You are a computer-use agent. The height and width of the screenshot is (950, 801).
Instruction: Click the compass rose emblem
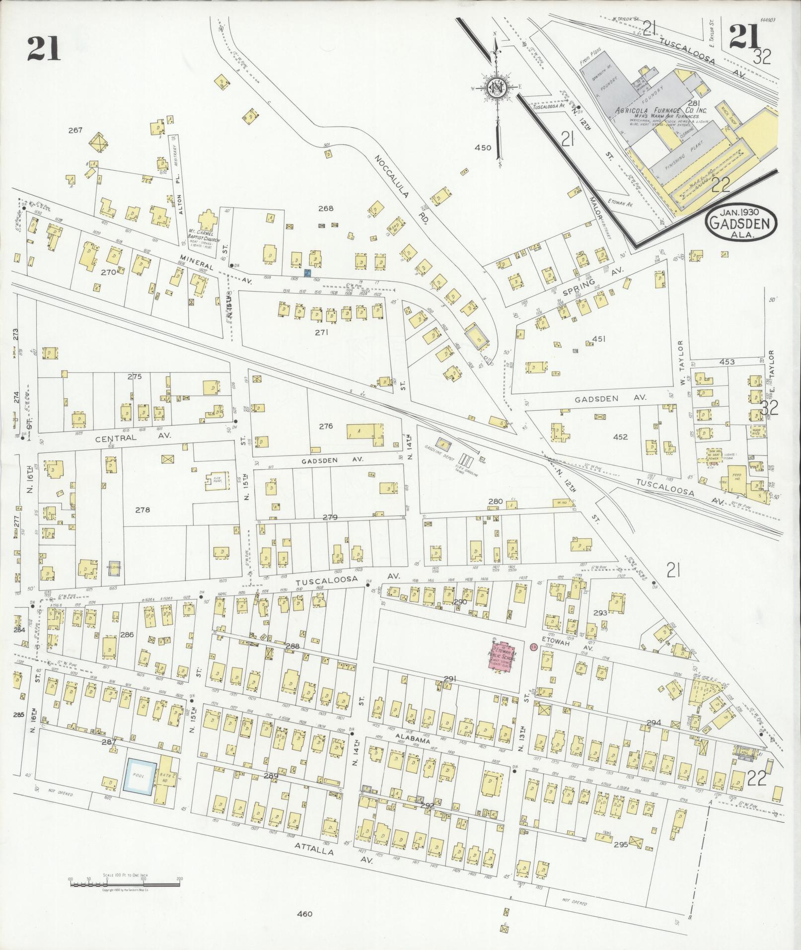496,88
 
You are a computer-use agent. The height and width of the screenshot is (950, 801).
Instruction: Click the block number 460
305,913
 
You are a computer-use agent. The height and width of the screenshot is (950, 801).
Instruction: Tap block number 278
142,510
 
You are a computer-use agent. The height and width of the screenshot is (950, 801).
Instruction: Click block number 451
598,339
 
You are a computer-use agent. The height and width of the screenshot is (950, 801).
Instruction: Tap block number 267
75,130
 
